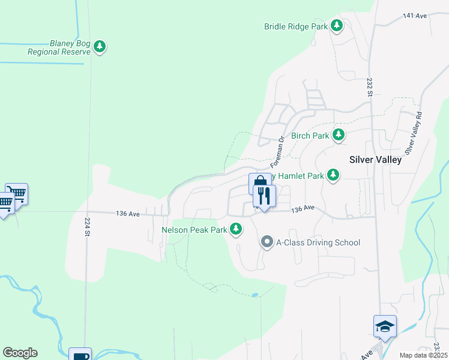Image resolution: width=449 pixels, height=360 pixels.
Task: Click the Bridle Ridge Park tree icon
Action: tap(337, 26)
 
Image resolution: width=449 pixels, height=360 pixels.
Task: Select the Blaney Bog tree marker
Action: tap(100, 46)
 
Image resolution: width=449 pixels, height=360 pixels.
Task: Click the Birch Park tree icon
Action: tap(339, 135)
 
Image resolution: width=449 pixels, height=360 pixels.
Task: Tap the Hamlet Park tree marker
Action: tap(333, 175)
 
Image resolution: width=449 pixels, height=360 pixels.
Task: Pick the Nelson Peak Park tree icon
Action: tap(237, 229)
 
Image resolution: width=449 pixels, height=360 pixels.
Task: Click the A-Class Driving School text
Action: tap(318, 242)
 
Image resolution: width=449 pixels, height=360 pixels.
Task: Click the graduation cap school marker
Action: tap(385, 326)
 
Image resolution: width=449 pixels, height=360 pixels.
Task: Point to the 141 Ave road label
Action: tap(415, 16)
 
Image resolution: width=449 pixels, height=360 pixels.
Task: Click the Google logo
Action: tap(20, 353)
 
